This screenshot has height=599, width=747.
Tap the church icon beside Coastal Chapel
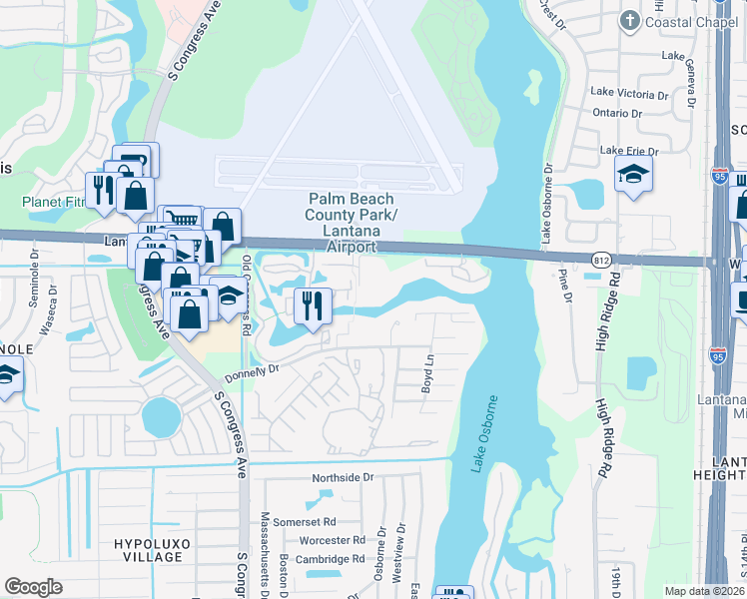629,20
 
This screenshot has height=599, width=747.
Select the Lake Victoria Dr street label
629,93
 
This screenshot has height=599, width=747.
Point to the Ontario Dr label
618,113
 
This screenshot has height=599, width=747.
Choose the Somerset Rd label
307,522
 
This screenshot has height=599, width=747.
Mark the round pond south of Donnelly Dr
159,415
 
